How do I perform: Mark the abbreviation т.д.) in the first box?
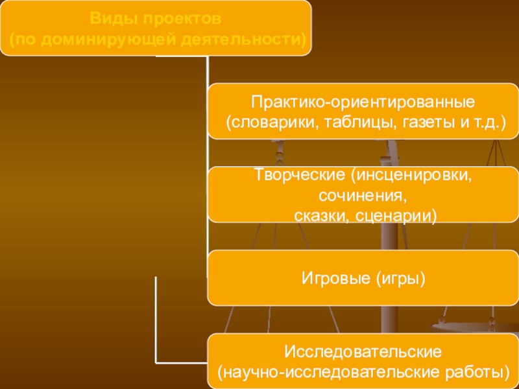(x=486, y=122)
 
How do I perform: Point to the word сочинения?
(x=363, y=195)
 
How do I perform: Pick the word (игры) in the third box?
(x=400, y=279)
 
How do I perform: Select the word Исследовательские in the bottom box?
(x=363, y=352)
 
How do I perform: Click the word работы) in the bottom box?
(x=473, y=372)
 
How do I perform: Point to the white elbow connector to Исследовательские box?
(x=156, y=324)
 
